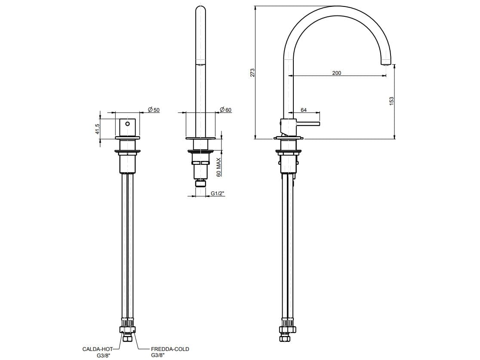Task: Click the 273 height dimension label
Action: click(253, 72)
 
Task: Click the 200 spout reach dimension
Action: click(336, 73)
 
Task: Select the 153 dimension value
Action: click(391, 100)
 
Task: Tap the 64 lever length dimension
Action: click(304, 110)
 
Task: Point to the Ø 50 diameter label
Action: click(154, 110)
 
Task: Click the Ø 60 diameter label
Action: click(225, 110)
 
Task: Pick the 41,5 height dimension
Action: click(98, 129)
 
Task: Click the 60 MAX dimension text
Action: click(218, 167)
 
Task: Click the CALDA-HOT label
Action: click(97, 349)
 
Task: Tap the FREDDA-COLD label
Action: click(170, 349)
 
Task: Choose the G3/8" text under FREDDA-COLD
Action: click(158, 355)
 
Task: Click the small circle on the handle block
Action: click(127, 124)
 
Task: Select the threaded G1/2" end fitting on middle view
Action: click(200, 184)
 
